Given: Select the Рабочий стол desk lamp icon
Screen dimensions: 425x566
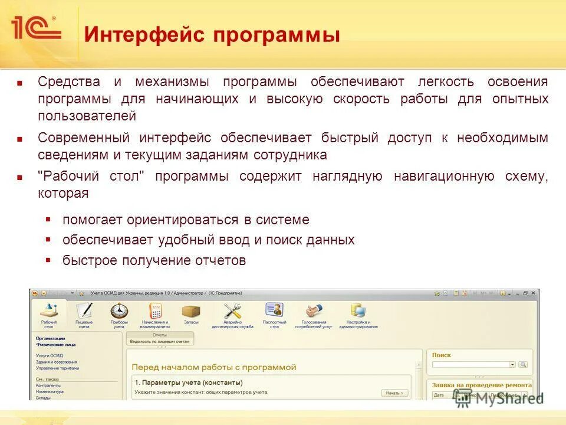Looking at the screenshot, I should (x=49, y=310).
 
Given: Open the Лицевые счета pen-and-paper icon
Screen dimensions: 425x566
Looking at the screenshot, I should (x=84, y=310).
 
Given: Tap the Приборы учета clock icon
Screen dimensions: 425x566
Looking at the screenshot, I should (x=119, y=310).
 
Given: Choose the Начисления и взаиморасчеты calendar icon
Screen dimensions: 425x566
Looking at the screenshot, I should (x=155, y=310).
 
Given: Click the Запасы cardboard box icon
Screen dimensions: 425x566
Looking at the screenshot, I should (x=191, y=310).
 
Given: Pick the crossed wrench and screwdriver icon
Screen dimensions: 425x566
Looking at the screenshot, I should (x=233, y=310).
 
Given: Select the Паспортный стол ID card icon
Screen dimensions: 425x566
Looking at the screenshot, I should (x=274, y=310).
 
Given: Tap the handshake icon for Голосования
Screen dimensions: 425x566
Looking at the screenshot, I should (x=314, y=310).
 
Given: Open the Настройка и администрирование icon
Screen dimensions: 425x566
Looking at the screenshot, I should (x=358, y=310).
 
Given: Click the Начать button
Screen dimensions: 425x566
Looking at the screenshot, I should (x=393, y=393).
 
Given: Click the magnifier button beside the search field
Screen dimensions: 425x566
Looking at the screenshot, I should (x=523, y=365).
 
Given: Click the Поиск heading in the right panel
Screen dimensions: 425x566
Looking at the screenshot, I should (x=441, y=355).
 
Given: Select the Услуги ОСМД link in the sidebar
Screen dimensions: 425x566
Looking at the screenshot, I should (x=49, y=355).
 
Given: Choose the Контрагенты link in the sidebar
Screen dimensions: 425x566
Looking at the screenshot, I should (x=48, y=385).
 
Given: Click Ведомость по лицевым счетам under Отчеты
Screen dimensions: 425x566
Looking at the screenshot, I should (x=160, y=341).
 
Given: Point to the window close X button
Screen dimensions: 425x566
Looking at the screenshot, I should (x=534, y=293).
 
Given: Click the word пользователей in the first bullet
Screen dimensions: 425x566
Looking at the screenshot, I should (x=87, y=116).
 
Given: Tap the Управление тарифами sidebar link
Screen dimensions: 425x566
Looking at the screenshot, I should (x=57, y=368).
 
